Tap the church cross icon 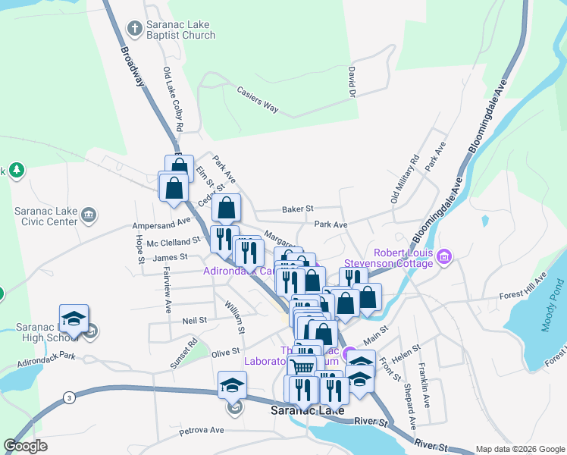click(x=134, y=29)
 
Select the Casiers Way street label click(x=258, y=99)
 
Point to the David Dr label click(x=352, y=81)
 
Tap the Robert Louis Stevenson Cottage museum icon click(x=444, y=258)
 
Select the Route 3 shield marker click(x=69, y=397)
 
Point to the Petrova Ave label click(x=202, y=431)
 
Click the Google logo click(x=25, y=446)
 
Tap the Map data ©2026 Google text click(x=519, y=449)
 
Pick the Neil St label click(x=195, y=321)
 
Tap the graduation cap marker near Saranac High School click(x=74, y=318)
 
